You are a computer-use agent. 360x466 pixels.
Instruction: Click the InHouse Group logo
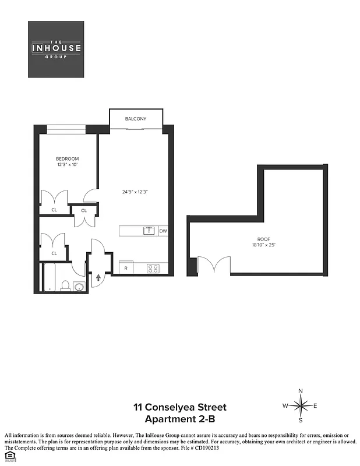[57, 50]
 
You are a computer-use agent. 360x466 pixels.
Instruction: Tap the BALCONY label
[135, 119]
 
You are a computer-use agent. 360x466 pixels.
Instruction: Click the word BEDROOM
[67, 159]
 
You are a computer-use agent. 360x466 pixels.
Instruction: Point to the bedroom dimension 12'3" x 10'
[67, 165]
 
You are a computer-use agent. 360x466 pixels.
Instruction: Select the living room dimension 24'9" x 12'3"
[135, 192]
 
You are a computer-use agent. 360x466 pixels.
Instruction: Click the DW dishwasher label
[163, 231]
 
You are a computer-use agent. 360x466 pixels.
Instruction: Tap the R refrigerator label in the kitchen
[126, 268]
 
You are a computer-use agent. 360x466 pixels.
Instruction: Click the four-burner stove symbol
[154, 269]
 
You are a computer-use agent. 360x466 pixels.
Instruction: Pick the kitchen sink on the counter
[149, 231]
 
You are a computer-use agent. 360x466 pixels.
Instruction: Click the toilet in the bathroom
[66, 286]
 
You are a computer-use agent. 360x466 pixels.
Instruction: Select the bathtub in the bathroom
[51, 278]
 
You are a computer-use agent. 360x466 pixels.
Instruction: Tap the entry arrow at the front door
[98, 278]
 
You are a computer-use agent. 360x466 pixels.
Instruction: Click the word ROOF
[264, 239]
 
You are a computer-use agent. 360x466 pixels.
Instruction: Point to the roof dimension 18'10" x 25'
[264, 245]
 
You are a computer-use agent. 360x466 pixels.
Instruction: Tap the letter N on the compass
[301, 391]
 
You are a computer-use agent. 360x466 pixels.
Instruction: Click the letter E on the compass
[315, 405]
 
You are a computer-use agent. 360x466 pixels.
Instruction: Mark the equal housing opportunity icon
[9, 456]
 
